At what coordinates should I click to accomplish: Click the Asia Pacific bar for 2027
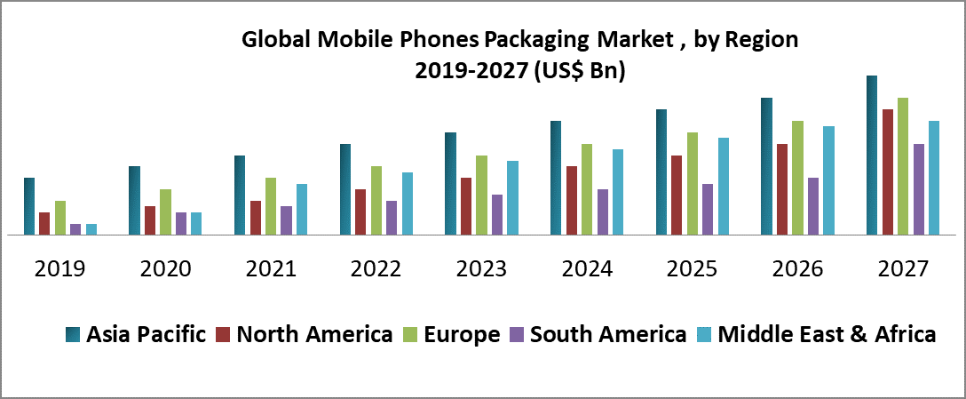872,156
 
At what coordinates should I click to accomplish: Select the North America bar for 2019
44,224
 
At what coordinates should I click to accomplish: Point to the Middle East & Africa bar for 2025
724,187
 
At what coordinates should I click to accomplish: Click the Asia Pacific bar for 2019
29,206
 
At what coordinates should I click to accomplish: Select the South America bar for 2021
286,220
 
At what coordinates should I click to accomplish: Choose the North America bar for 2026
782,189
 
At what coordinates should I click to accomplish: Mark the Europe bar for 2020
165,212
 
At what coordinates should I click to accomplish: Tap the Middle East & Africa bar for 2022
408,203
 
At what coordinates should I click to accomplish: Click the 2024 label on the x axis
588,268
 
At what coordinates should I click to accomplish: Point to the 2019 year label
60,268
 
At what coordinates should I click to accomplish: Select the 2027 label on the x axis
903,268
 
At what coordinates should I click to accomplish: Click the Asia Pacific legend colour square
74,335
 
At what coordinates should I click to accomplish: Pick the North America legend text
314,335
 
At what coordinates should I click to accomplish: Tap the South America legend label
607,335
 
